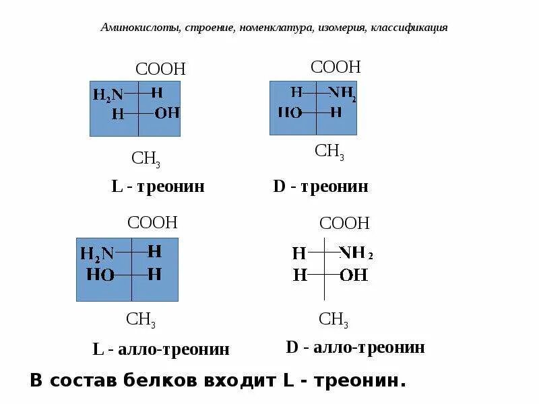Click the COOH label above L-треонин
pyautogui.click(x=160, y=69)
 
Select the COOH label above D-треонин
pyautogui.click(x=336, y=67)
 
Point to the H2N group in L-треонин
pyautogui.click(x=108, y=95)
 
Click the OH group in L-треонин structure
pyautogui.click(x=167, y=113)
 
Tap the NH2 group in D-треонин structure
pyautogui.click(x=342, y=94)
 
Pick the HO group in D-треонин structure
pyautogui.click(x=290, y=112)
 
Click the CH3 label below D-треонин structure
pyautogui.click(x=329, y=151)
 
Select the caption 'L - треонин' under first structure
pyautogui.click(x=158, y=186)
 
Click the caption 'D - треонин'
pyautogui.click(x=321, y=186)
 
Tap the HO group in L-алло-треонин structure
pyautogui.click(x=100, y=275)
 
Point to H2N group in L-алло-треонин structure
pyautogui.click(x=97, y=254)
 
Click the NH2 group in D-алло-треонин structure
pyautogui.click(x=355, y=253)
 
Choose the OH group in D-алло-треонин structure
pyautogui.click(x=354, y=275)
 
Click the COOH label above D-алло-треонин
pyautogui.click(x=344, y=223)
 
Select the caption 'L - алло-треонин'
pyautogui.click(x=161, y=349)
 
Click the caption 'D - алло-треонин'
pyautogui.click(x=355, y=347)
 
